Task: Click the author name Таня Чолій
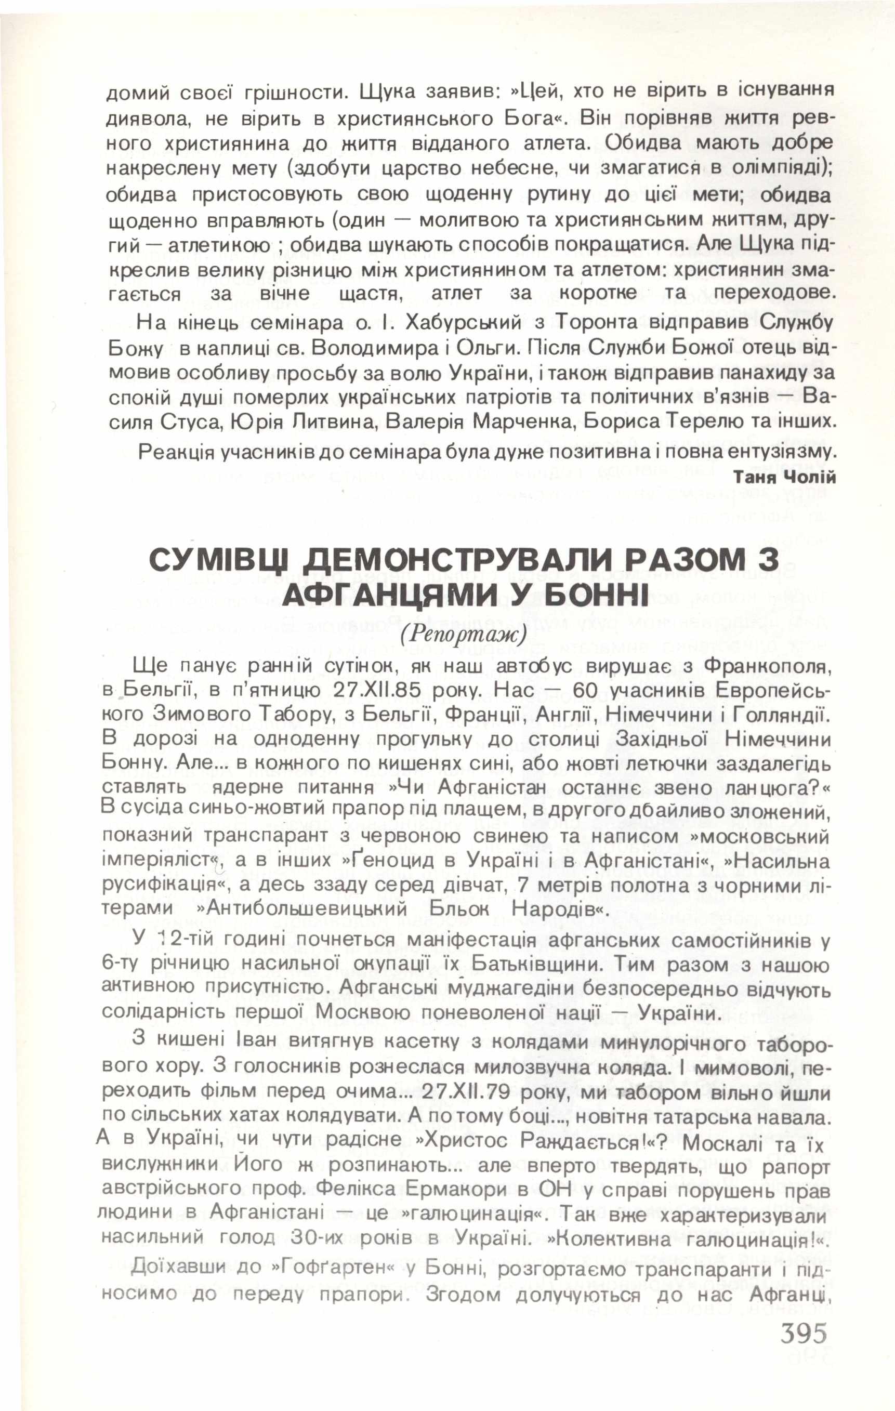point(785,477)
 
